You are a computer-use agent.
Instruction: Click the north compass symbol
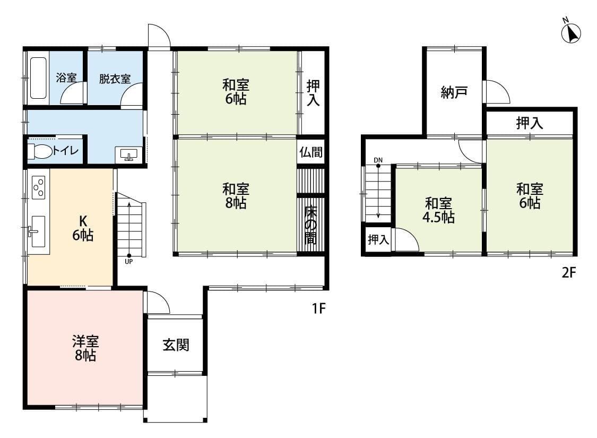point(571,33)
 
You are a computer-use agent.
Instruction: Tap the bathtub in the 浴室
point(38,78)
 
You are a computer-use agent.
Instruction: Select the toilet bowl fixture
point(40,152)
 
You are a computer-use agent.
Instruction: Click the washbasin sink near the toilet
point(128,154)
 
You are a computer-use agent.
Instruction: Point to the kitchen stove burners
point(39,187)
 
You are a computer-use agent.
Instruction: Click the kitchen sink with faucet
point(38,231)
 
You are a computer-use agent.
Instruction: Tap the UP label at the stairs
point(129,261)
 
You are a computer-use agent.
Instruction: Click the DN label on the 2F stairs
point(378,160)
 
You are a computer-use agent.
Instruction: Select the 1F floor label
point(318,308)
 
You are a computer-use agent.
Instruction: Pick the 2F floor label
point(569,273)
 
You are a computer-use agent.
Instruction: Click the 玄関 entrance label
point(176,345)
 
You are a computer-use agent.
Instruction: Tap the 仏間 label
point(311,152)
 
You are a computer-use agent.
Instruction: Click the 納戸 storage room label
point(454,93)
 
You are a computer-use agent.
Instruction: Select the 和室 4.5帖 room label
point(439,210)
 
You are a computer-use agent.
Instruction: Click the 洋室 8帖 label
point(85,348)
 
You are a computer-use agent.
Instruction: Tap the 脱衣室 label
point(115,79)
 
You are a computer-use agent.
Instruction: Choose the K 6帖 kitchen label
point(83,228)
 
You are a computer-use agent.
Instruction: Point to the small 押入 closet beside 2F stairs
point(378,239)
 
